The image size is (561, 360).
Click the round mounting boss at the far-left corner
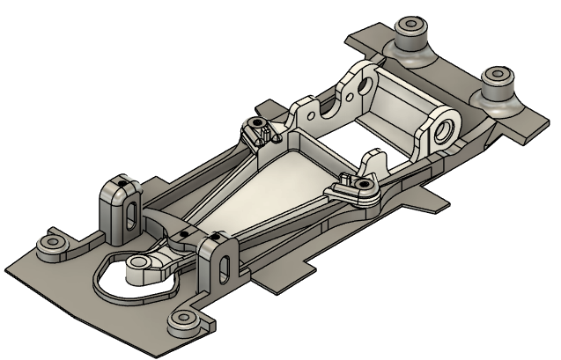coord(46,240)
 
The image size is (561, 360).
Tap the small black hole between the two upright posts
coord(183,233)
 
